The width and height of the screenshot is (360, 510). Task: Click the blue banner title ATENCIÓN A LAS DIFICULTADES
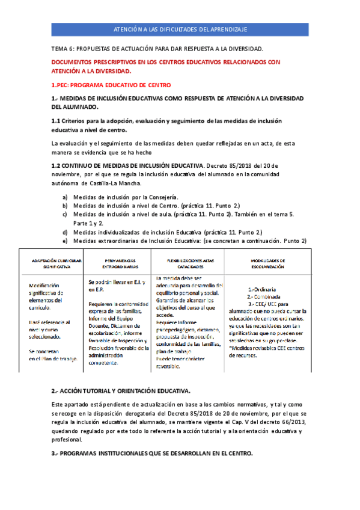pos(180,29)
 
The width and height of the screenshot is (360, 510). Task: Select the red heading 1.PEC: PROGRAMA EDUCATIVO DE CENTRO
pos(111,85)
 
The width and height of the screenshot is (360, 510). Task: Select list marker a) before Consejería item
pos(65,197)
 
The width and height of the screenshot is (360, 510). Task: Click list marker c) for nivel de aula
pos(65,213)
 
